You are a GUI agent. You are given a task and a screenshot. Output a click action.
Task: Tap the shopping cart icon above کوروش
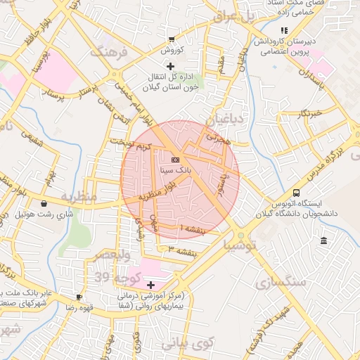(172, 39)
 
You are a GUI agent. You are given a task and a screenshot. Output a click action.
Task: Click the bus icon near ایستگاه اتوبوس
(297, 193)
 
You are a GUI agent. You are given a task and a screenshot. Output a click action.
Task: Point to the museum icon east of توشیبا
(323, 241)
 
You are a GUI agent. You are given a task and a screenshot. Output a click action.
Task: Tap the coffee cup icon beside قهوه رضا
(79, 297)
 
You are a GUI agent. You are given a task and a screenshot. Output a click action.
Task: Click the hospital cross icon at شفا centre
(151, 285)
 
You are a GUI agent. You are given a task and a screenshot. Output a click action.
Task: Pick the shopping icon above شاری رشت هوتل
(44, 203)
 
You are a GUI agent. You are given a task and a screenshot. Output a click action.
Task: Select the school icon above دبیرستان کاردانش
(284, 30)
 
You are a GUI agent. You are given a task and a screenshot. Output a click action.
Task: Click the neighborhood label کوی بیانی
(186, 345)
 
